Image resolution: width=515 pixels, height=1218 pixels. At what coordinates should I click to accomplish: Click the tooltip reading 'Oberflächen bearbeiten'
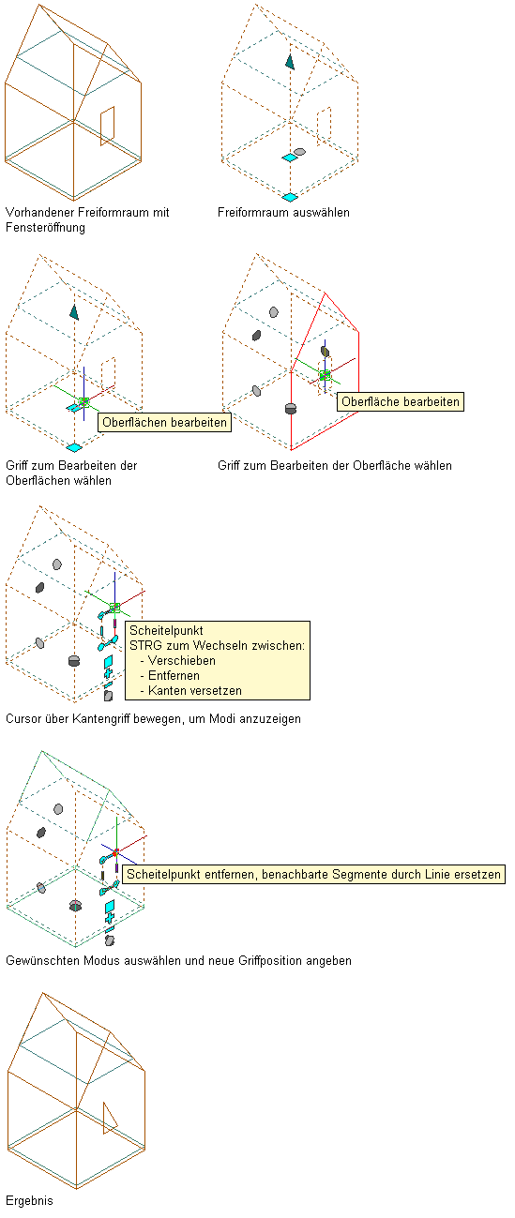164,422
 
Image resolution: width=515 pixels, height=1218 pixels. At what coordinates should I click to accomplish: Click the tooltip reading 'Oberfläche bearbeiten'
401,402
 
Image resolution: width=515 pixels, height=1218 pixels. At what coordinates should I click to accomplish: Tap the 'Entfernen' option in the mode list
174,676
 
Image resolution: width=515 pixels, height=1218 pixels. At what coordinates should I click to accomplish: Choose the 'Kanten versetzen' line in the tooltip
195,690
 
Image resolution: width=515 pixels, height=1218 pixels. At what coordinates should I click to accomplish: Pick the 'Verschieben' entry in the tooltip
182,661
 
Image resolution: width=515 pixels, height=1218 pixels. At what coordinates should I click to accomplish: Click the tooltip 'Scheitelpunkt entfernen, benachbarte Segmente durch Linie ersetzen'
313,874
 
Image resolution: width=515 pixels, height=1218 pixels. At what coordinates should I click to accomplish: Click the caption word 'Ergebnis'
29,1200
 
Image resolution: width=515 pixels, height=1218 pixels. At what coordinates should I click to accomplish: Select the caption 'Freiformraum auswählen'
283,213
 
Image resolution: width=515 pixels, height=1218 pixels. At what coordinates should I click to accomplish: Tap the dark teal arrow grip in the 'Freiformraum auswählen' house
290,62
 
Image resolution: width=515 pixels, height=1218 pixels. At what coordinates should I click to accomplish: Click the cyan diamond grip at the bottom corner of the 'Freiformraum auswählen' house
290,197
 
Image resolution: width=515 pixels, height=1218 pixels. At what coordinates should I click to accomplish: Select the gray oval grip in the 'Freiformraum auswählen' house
299,152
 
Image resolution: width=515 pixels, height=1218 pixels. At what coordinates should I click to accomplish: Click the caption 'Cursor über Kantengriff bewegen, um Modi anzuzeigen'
153,719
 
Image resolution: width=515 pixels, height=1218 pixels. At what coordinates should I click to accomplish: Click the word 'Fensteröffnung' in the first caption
45,227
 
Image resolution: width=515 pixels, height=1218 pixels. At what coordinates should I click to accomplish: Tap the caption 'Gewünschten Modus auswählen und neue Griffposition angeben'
178,961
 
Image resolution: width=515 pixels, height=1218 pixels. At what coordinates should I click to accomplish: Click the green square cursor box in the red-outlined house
325,375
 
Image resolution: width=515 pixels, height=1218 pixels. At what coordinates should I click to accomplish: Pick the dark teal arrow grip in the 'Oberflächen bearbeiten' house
74,312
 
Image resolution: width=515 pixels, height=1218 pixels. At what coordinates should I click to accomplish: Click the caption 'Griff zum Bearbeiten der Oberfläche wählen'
335,465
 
